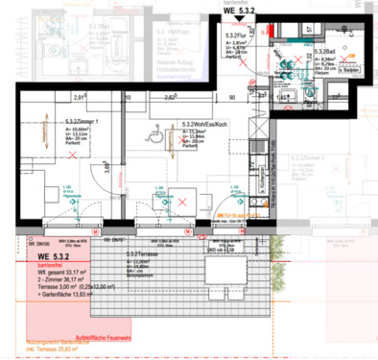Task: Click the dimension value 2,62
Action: (x=169, y=97)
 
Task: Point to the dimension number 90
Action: (x=231, y=97)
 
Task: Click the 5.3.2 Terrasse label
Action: (x=142, y=252)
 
